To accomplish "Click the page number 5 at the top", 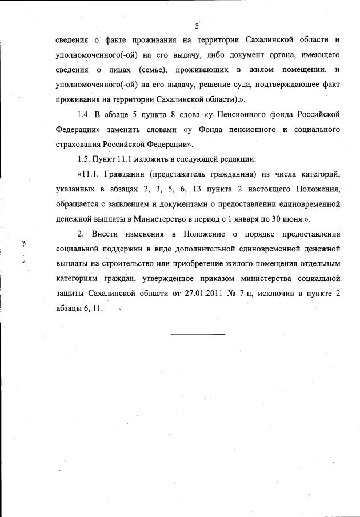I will coord(196,26).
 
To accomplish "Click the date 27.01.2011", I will coord(194,294).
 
